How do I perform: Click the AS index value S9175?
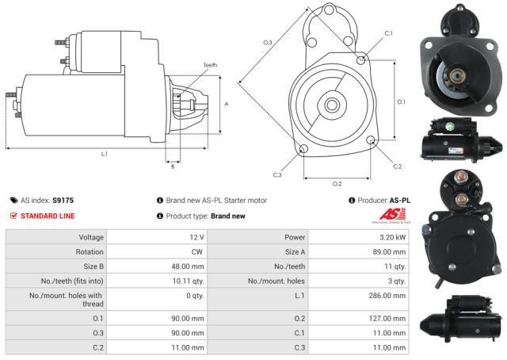pyautogui.click(x=63, y=201)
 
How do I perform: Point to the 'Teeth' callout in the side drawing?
pyautogui.click(x=209, y=65)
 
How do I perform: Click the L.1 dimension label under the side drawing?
pyautogui.click(x=104, y=153)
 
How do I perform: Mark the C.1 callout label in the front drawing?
pyautogui.click(x=388, y=33)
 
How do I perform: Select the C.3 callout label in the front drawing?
pyautogui.click(x=277, y=174)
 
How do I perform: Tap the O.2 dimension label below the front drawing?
pyautogui.click(x=337, y=184)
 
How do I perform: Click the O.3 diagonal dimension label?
pyautogui.click(x=268, y=42)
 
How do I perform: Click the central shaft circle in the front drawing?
pyautogui.click(x=330, y=104)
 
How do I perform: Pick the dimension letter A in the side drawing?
pyautogui.click(x=227, y=104)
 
